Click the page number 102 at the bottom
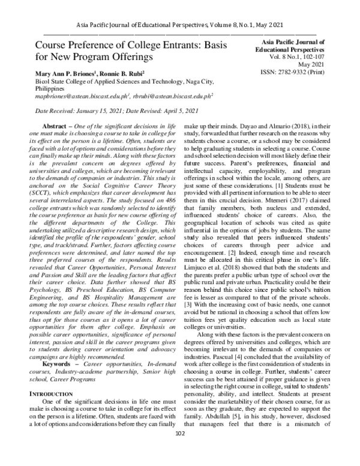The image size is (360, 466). click(179, 451)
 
